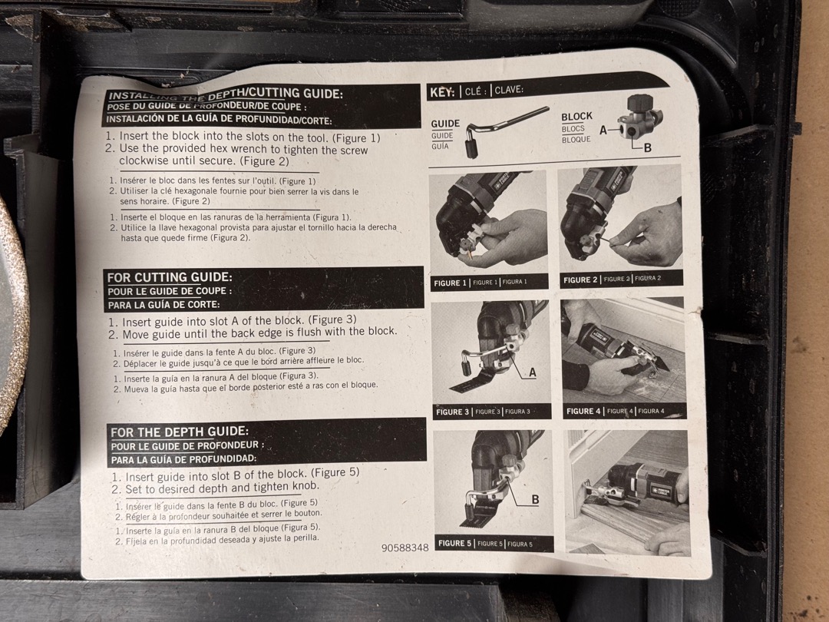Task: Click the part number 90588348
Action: (405, 548)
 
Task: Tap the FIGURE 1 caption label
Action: (450, 283)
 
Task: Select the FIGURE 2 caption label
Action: (580, 280)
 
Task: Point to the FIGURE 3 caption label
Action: (453, 412)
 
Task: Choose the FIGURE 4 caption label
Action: (583, 411)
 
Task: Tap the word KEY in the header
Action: (441, 93)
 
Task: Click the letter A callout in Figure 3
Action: (533, 372)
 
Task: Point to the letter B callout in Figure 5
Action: (535, 499)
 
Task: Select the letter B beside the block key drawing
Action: (647, 148)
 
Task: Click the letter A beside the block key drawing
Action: (603, 130)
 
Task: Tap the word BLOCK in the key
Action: (576, 117)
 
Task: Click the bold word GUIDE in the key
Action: (445, 124)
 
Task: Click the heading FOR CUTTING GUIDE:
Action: (169, 277)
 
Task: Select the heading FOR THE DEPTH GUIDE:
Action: (179, 432)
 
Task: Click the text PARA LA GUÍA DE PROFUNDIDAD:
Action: (183, 458)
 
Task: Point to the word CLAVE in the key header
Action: (509, 90)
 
